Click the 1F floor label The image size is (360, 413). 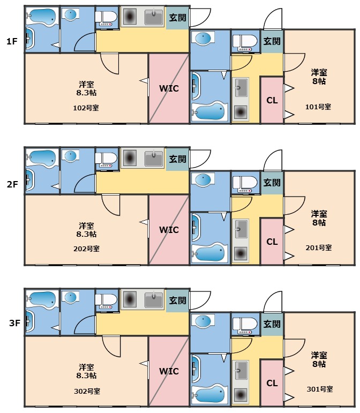(12, 41)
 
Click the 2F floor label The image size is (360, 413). (12, 184)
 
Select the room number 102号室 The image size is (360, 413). (86, 107)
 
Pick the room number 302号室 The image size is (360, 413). (87, 391)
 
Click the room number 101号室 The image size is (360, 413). (318, 107)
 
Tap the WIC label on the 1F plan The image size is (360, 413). (169, 88)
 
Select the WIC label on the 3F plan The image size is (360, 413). (169, 371)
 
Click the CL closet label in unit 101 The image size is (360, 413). (272, 100)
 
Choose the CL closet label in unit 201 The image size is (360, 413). (272, 242)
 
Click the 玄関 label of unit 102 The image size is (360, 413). (177, 18)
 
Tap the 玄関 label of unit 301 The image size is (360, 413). (272, 324)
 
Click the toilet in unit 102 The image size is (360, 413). (107, 18)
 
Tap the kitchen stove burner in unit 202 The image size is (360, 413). (129, 158)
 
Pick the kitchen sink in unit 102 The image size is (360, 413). (154, 18)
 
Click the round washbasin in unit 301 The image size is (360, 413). (204, 322)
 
